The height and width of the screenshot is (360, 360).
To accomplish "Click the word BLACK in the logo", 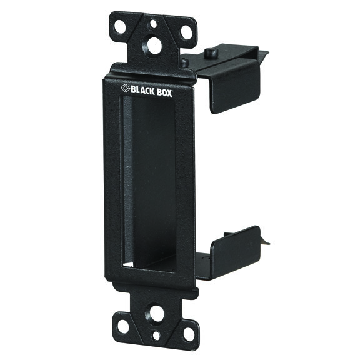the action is (142, 91).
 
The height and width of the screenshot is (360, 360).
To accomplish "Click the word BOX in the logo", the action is (164, 92).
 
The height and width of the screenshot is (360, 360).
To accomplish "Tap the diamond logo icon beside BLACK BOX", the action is (126, 88).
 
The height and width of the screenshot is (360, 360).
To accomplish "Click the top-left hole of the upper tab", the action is (120, 26).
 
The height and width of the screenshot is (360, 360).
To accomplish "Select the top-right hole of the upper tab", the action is (186, 32).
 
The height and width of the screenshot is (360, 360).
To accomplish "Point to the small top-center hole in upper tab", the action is (153, 24).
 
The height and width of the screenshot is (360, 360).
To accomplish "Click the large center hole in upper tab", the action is (154, 46).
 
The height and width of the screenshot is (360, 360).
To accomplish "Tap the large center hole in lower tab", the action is (156, 313).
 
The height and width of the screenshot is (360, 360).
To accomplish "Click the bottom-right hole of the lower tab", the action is (189, 334).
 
